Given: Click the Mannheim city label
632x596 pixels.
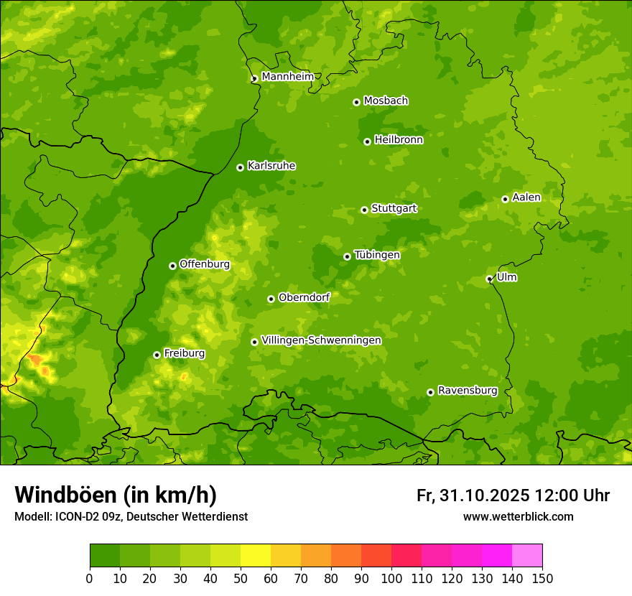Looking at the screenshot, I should (x=287, y=77).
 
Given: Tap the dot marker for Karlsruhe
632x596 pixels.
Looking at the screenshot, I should (x=240, y=167).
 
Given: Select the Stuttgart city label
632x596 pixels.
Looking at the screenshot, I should (x=394, y=209).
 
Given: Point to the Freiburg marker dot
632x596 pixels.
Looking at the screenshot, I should (x=157, y=355).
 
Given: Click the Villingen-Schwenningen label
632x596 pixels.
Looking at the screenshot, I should (x=321, y=340).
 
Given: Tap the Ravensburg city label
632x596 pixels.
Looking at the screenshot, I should (x=467, y=391).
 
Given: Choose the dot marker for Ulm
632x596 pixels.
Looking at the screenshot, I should (x=489, y=279).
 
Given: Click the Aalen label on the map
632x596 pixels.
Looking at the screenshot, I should (x=526, y=197).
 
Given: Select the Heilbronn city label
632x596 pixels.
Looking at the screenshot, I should (x=399, y=140).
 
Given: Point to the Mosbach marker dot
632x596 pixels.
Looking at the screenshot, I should (x=356, y=102).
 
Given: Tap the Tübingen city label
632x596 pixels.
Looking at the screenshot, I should (x=377, y=255).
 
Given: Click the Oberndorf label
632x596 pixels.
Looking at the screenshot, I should (x=304, y=297).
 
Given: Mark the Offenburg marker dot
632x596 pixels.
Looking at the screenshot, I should (x=172, y=266).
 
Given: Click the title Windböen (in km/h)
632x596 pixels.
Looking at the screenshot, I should (x=115, y=495).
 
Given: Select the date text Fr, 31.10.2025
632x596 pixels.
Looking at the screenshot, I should (x=473, y=495).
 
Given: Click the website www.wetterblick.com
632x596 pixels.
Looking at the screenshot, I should (x=518, y=516).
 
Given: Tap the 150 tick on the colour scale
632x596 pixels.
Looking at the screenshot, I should (x=542, y=578).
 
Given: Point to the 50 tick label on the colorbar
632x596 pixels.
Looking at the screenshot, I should (x=241, y=578).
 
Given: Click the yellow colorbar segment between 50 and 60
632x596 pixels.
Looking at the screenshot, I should (x=256, y=556).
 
